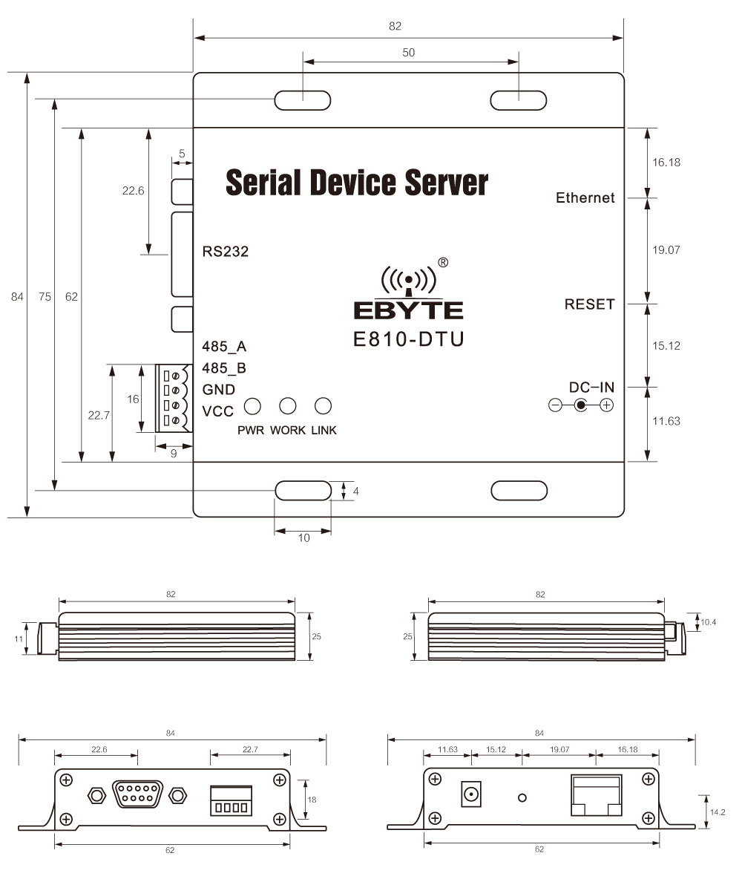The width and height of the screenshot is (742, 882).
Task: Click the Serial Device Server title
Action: click(357, 182)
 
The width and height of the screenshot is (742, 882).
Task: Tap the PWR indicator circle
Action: click(253, 406)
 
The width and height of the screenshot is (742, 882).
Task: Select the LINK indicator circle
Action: click(323, 406)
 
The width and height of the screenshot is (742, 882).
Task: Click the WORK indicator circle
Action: click(287, 406)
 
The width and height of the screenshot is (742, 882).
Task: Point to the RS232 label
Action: click(225, 252)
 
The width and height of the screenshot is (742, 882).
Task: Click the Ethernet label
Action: click(585, 198)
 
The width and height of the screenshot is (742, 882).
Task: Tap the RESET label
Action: click(590, 304)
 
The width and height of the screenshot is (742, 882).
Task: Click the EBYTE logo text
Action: click(408, 310)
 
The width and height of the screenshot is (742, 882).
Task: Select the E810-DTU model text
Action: click(408, 339)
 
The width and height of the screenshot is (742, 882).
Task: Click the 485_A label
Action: click(224, 347)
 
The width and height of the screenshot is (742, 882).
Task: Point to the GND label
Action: click(219, 390)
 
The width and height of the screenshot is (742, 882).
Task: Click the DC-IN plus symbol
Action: click(606, 405)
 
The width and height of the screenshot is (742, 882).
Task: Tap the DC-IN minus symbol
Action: click(555, 405)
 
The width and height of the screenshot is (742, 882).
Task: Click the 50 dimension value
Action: click(408, 52)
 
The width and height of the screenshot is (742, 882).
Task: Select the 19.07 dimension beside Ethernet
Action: click(666, 250)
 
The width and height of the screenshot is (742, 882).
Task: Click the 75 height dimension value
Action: click(45, 297)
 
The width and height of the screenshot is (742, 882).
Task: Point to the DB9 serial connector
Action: click(136, 794)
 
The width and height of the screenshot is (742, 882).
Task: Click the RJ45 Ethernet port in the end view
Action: click(596, 795)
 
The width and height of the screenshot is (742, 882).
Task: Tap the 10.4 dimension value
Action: click(709, 621)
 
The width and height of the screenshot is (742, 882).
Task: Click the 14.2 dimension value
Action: click(718, 812)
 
